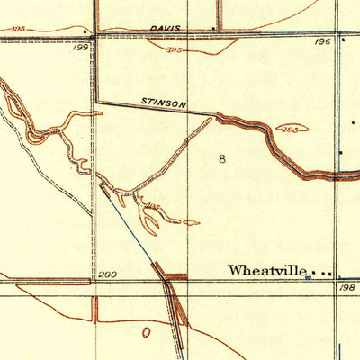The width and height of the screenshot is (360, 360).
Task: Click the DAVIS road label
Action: (165, 29)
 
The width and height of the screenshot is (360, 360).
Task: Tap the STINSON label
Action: (164, 103)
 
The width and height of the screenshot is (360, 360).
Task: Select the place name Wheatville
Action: (268, 270)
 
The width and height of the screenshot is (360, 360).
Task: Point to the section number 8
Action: (222, 159)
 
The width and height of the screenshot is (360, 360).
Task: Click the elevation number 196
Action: (323, 42)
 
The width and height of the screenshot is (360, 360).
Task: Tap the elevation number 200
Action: (107, 274)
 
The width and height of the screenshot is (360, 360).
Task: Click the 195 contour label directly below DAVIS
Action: (176, 50)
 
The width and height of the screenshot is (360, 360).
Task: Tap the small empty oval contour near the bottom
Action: (147, 331)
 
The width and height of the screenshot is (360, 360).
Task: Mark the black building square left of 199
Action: (84, 35)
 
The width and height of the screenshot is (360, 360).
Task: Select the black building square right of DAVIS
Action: (212, 33)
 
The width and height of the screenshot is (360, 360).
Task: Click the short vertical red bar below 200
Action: (96, 309)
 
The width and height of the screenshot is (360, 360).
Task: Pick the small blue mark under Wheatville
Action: (307, 278)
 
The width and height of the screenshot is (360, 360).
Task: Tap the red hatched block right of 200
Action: (176, 278)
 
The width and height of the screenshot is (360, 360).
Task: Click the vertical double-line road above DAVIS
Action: (219, 13)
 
